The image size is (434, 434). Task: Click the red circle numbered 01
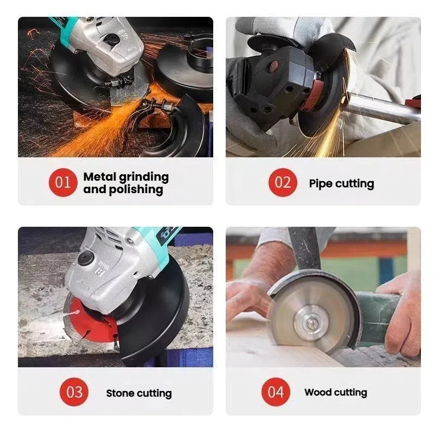pyautogui.click(x=63, y=182)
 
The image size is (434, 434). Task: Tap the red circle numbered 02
pyautogui.click(x=283, y=182)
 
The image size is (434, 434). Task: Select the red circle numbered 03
pyautogui.click(x=74, y=392)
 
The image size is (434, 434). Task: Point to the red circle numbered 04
pyautogui.click(x=276, y=392)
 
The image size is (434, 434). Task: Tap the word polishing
pyautogui.click(x=136, y=190)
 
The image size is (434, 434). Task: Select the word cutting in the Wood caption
pyautogui.click(x=350, y=393)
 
